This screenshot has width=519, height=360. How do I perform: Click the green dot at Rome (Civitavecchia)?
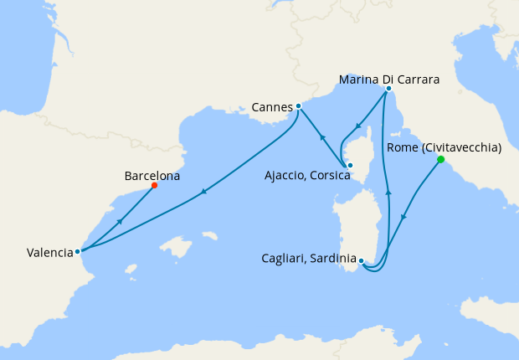point(440,159)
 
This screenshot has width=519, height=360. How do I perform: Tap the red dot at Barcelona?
point(154,186)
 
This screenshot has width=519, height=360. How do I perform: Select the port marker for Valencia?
point(77,250)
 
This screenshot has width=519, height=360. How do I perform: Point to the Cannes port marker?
point(299,106)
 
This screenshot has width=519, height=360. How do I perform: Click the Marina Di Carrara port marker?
point(388,88)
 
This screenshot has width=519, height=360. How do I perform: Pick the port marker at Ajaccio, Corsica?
point(350,165)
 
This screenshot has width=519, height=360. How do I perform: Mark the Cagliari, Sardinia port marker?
point(361,261)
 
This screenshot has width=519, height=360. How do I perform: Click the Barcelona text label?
point(152,176)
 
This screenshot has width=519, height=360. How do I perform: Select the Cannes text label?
point(271,107)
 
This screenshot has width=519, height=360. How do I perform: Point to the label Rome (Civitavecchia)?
point(444,147)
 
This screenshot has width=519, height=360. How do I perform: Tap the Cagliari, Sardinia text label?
point(306,260)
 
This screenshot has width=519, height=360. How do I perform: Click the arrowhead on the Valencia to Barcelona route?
point(120,221)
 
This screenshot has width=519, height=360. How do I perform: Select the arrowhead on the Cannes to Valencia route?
point(203,193)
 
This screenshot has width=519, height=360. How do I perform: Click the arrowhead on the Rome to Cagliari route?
point(403,218)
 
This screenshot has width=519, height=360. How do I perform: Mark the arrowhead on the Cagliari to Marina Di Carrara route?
point(388,193)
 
